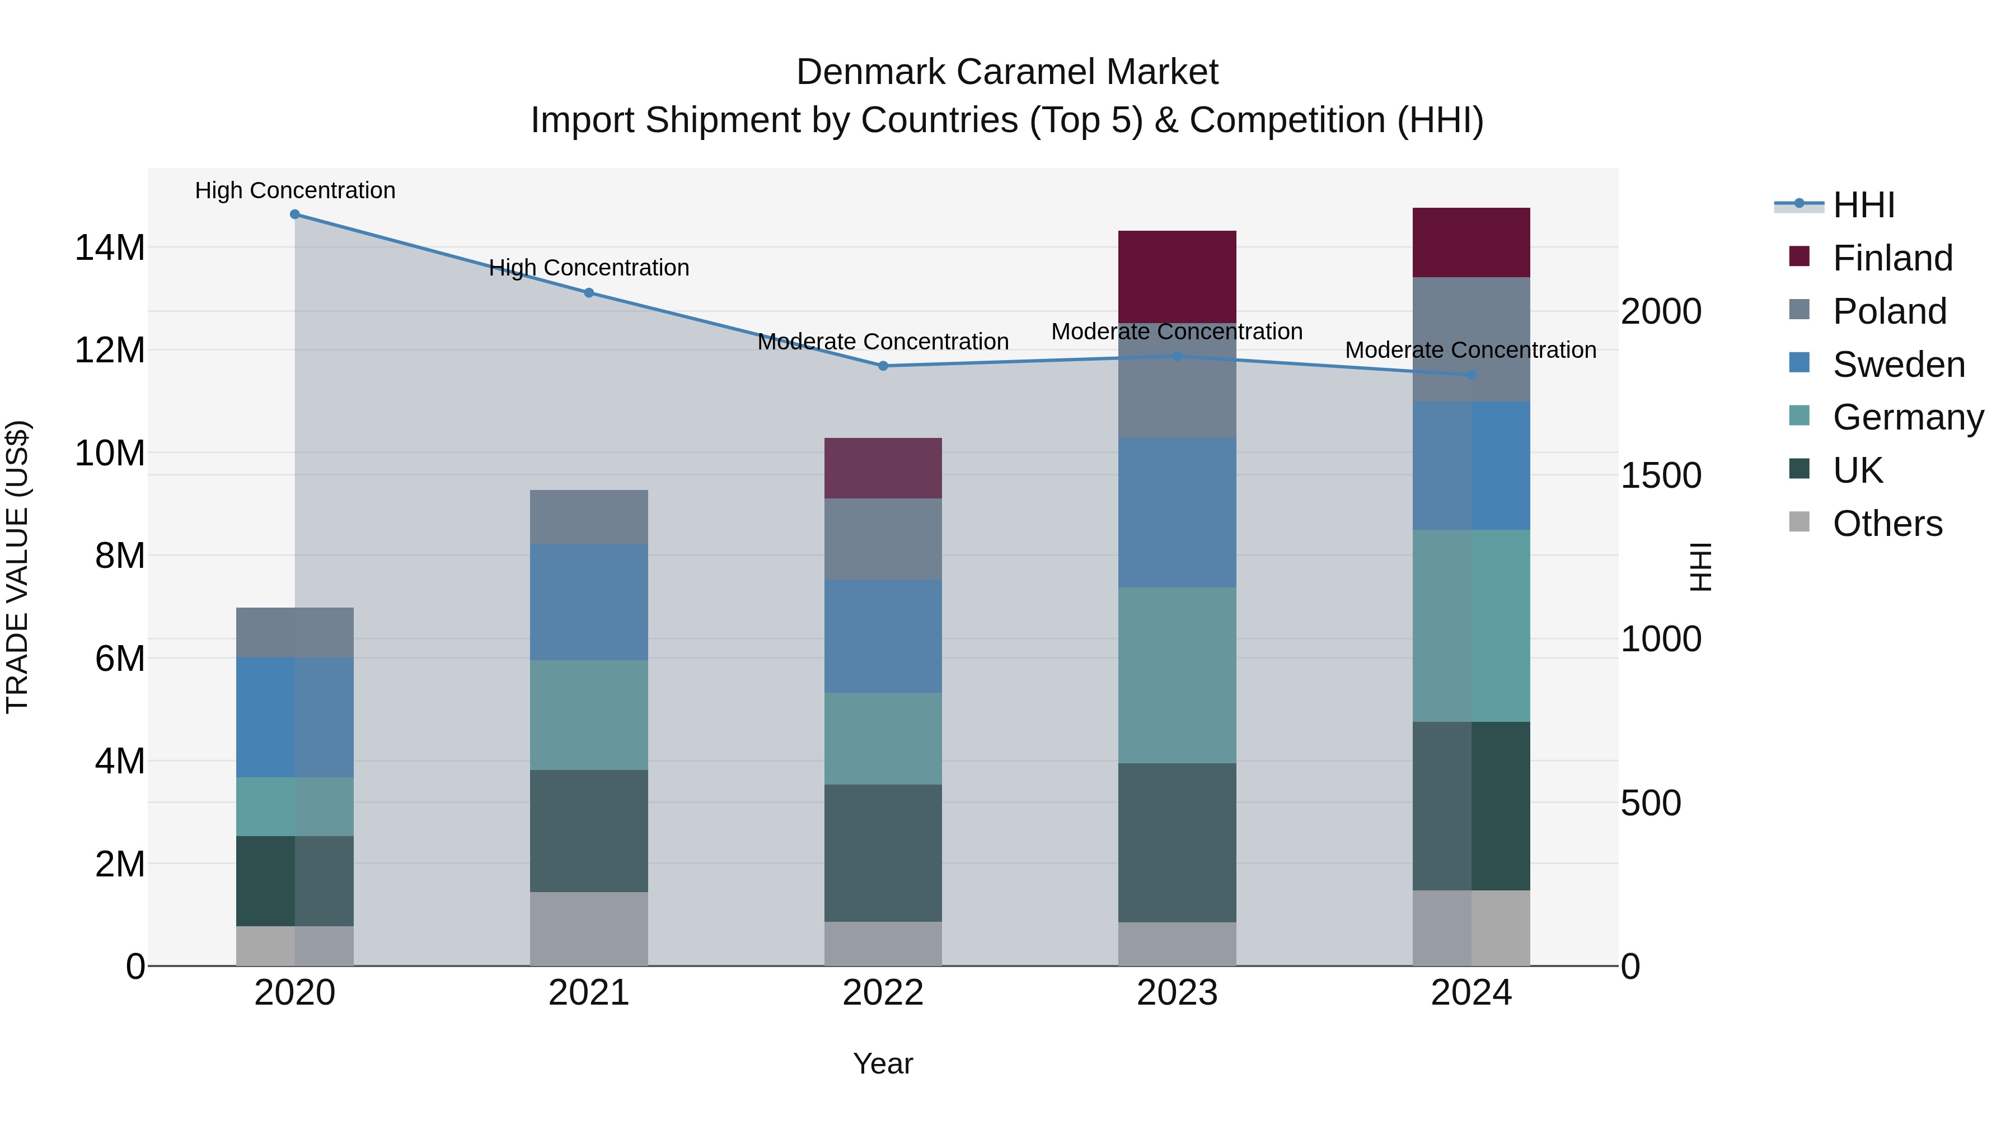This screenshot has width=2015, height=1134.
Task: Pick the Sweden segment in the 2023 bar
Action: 1177,512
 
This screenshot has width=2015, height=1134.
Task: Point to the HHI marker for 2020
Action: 295,214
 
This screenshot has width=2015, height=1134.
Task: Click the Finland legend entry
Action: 1892,258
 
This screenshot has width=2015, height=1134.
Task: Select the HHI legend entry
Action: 1863,205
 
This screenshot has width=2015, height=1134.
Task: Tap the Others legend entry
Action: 1887,524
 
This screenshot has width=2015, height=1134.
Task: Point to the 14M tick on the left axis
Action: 110,248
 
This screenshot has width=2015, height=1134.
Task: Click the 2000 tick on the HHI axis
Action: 1660,311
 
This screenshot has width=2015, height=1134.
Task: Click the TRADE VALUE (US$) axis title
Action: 17,567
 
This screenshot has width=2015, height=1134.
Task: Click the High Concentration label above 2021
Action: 588,268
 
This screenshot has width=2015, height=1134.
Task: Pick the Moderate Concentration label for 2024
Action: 1470,350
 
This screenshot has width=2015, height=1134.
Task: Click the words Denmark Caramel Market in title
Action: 1007,72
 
